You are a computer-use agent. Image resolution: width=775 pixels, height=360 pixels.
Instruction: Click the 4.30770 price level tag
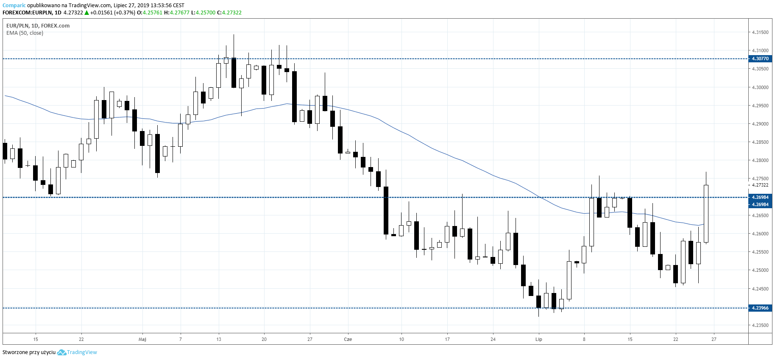click(x=760, y=59)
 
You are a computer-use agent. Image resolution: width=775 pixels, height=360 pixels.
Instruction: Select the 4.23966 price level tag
click(x=760, y=308)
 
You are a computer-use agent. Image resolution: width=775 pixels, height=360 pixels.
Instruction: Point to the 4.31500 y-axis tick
click(x=760, y=32)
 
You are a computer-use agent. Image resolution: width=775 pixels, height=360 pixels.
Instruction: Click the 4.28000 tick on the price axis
click(x=760, y=160)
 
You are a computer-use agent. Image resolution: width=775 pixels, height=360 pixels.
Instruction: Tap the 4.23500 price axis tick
click(x=760, y=325)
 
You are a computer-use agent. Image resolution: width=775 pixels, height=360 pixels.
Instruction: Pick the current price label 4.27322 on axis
click(x=760, y=185)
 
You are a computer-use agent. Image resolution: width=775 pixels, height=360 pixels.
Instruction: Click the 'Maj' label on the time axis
click(x=142, y=339)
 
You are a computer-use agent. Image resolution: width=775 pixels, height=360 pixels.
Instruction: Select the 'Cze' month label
click(x=348, y=339)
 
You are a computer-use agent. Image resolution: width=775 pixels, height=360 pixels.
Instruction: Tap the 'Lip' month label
click(x=538, y=339)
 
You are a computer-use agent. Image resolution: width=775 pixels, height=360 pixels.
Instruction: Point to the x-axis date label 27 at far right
click(x=714, y=339)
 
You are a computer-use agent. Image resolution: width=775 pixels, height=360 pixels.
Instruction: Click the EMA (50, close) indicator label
click(x=25, y=33)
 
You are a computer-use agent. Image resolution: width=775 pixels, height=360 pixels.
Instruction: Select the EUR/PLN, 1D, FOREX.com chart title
click(x=38, y=25)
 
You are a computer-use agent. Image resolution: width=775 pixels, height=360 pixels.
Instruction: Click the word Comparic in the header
click(x=14, y=6)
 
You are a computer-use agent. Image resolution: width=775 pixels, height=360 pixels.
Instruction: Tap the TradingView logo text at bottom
click(x=81, y=352)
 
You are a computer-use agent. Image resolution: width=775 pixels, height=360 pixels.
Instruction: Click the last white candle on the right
click(x=706, y=213)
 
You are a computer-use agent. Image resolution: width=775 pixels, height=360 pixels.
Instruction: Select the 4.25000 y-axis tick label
click(x=760, y=270)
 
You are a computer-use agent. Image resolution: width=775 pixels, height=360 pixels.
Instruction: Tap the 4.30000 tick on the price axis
click(x=760, y=87)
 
